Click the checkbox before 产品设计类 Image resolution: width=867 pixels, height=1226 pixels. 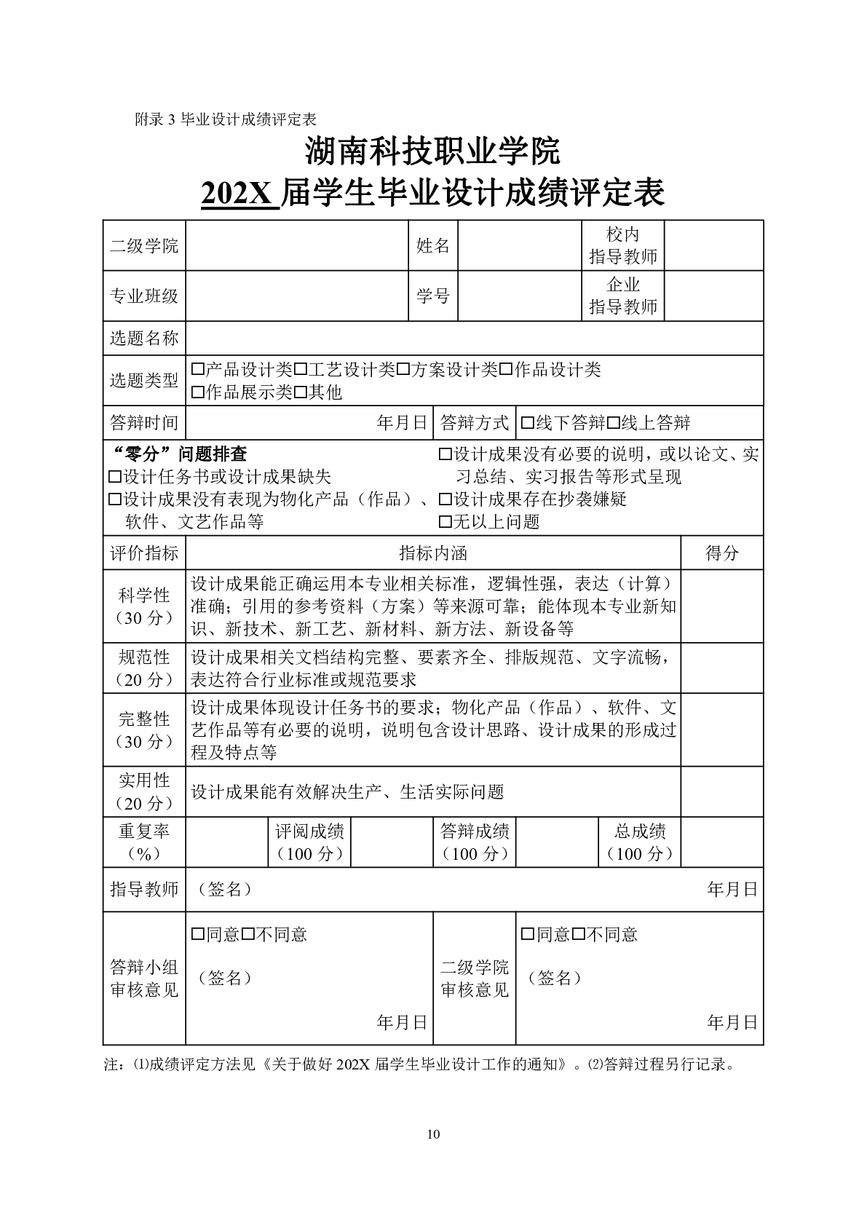pyautogui.click(x=197, y=370)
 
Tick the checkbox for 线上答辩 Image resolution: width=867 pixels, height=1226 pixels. pyautogui.click(x=613, y=423)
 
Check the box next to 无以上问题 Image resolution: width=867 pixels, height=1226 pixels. pyautogui.click(x=445, y=522)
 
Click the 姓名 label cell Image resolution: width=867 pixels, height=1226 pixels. pyautogui.click(x=432, y=246)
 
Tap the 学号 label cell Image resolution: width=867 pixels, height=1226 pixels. pyautogui.click(x=432, y=296)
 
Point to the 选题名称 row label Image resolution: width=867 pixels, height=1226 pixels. pyautogui.click(x=144, y=339)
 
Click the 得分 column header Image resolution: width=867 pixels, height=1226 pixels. pyautogui.click(x=721, y=553)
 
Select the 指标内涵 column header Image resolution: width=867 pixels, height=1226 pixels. pyautogui.click(x=433, y=553)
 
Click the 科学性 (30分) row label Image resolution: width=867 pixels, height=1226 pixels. pyautogui.click(x=144, y=606)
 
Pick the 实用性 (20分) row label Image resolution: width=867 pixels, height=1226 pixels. pyautogui.click(x=144, y=792)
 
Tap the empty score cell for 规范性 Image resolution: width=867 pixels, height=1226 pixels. pyautogui.click(x=721, y=668)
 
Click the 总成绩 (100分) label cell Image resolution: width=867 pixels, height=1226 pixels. pyautogui.click(x=640, y=842)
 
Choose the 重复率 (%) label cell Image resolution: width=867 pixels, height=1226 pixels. pyautogui.click(x=144, y=842)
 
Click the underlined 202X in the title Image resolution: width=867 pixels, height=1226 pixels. pyautogui.click(x=239, y=194)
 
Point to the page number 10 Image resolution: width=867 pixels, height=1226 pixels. pyautogui.click(x=433, y=1134)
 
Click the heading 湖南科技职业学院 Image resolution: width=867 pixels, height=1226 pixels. pyautogui.click(x=433, y=151)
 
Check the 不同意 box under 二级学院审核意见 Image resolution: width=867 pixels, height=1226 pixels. pyautogui.click(x=579, y=935)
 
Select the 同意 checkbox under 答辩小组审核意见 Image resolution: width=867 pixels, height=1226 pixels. pyautogui.click(x=197, y=935)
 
